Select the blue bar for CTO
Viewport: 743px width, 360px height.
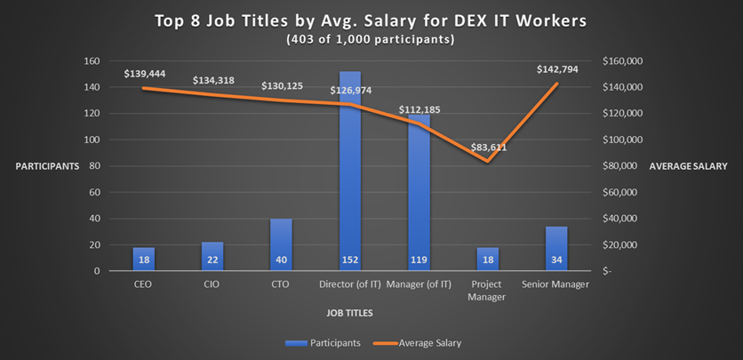pos(282,244)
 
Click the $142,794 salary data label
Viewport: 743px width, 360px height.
pos(557,69)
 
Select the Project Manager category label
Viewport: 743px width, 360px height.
pos(487,291)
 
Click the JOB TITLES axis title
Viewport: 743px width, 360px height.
pos(350,313)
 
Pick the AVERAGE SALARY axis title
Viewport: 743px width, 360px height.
pos(689,166)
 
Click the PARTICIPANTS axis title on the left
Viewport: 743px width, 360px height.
pos(46,166)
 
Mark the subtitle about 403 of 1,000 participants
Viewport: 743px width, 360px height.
pos(371,39)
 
